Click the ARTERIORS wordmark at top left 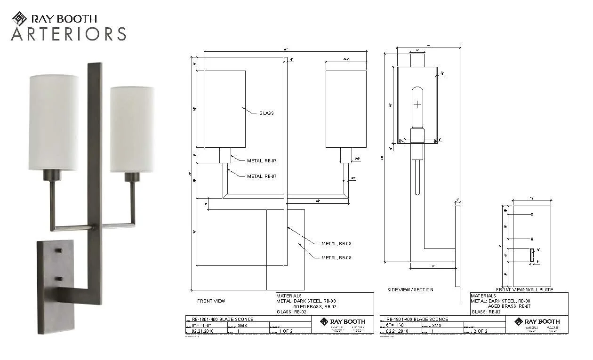(69, 34)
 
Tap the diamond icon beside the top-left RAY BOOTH (19, 19)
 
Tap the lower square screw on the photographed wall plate (59, 279)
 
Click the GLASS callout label (266, 113)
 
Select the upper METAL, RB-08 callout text (336, 244)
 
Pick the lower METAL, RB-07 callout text (262, 176)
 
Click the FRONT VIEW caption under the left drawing (211, 301)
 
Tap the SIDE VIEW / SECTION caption (410, 289)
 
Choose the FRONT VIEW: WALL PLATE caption (524, 289)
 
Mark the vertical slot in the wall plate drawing (532, 256)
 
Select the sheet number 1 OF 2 (286, 331)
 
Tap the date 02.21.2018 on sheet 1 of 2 (200, 331)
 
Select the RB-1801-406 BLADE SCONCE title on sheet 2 (417, 319)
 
